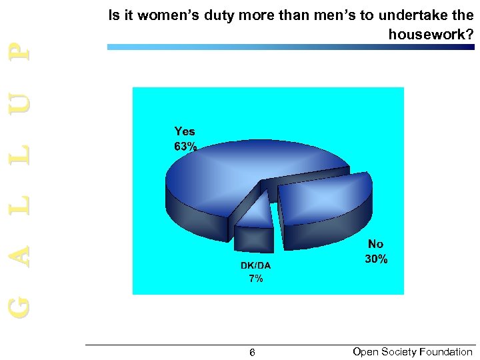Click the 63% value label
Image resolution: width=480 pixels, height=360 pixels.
(185, 147)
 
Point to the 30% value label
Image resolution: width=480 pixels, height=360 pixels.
(376, 259)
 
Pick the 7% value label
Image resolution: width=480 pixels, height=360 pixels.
(256, 279)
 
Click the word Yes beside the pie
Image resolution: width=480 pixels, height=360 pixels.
(185, 131)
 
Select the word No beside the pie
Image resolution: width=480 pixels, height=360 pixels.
(376, 244)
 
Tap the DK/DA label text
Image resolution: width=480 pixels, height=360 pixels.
(256, 265)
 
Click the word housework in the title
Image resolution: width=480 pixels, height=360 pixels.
(427, 34)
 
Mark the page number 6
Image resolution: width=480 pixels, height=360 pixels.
(252, 353)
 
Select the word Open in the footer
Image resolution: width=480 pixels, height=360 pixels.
(365, 352)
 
